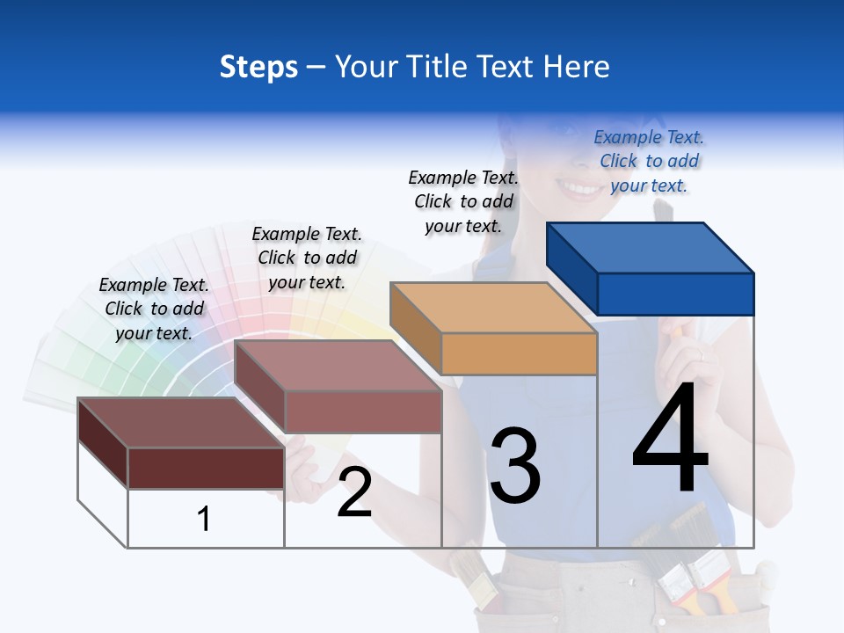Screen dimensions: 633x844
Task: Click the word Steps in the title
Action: click(258, 67)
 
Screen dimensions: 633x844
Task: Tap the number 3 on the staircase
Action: click(515, 466)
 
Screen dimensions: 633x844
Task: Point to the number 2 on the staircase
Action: click(354, 492)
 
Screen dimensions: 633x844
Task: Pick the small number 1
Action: click(203, 519)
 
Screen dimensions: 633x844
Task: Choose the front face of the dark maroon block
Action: click(206, 468)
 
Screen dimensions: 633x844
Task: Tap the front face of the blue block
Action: click(675, 294)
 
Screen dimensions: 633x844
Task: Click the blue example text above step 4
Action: click(649, 161)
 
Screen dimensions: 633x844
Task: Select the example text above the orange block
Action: click(463, 201)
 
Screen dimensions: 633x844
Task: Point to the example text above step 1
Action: click(154, 309)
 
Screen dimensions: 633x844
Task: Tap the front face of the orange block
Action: click(519, 353)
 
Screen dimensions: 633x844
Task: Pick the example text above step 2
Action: click(307, 258)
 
